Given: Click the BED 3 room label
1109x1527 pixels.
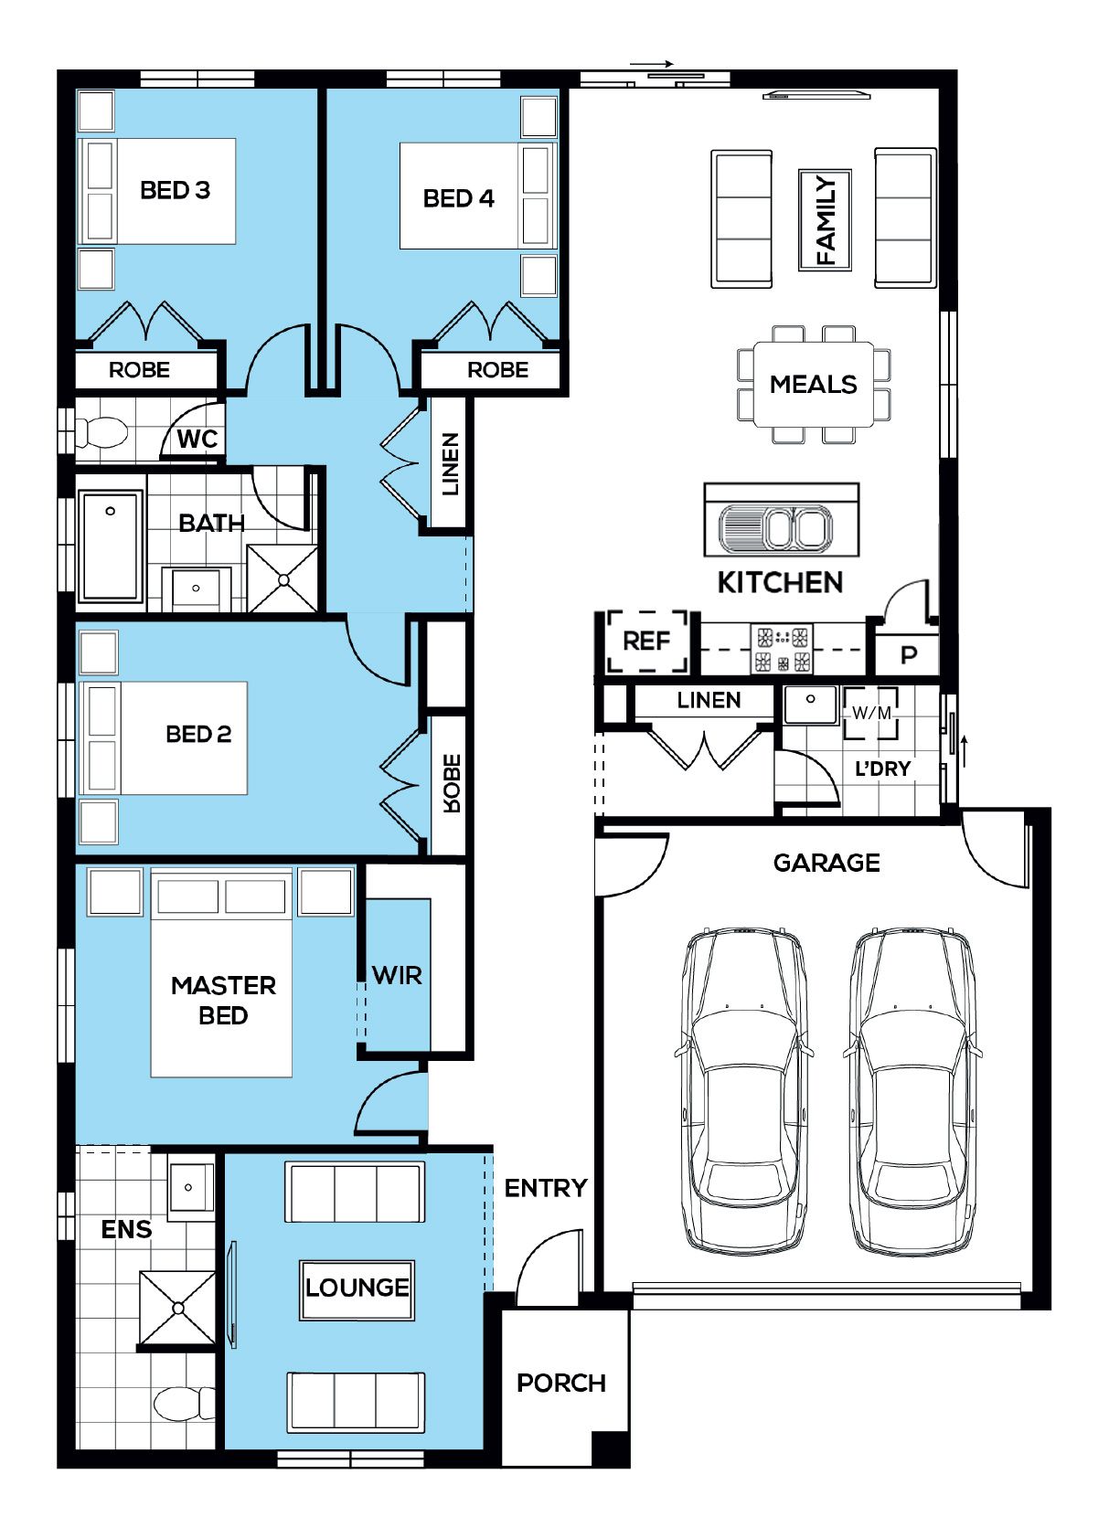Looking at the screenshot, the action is (x=175, y=190).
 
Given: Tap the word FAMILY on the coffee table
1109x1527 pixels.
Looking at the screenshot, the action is (x=826, y=219).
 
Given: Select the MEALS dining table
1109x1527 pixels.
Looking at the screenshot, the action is (x=814, y=385).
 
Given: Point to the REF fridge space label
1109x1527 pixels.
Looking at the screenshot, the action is (x=646, y=641).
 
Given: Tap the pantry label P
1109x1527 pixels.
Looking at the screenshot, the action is (x=909, y=655).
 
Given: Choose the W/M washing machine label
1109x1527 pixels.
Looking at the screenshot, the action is (x=871, y=713).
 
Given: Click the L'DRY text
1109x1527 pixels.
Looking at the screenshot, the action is (x=882, y=769).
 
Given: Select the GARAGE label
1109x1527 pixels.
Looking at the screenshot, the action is (x=826, y=863).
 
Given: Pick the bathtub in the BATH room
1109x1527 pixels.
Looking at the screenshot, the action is (x=111, y=546).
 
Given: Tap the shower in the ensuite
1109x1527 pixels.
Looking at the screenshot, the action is (x=177, y=1309).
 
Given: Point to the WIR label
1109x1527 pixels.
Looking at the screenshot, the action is (x=397, y=976).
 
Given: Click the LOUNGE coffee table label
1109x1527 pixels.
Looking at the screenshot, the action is (x=357, y=1288).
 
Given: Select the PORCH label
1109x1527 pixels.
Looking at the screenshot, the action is (x=561, y=1384).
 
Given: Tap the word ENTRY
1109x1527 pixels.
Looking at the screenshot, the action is (x=546, y=1188).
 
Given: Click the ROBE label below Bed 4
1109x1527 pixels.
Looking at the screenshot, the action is (x=498, y=370).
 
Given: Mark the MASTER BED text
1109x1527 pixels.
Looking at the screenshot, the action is (x=223, y=1001).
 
